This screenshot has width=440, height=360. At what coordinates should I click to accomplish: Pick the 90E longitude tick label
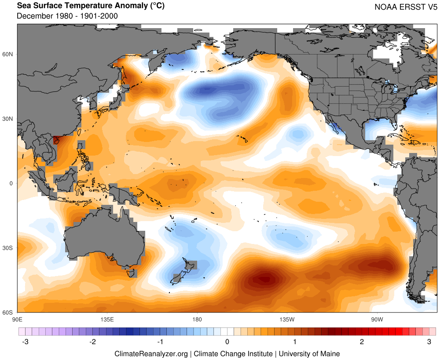tap(18, 319)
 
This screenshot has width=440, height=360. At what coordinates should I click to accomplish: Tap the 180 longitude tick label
tap(197, 319)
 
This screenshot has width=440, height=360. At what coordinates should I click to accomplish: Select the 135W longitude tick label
tap(286, 319)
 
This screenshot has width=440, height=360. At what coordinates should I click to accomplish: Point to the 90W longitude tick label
tap(376, 319)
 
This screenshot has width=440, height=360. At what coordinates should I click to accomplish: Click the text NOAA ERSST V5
tap(406, 7)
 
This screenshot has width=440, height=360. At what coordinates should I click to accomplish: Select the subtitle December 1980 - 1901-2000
tap(67, 16)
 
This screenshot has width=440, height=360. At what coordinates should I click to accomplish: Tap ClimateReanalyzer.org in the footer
tap(151, 353)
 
